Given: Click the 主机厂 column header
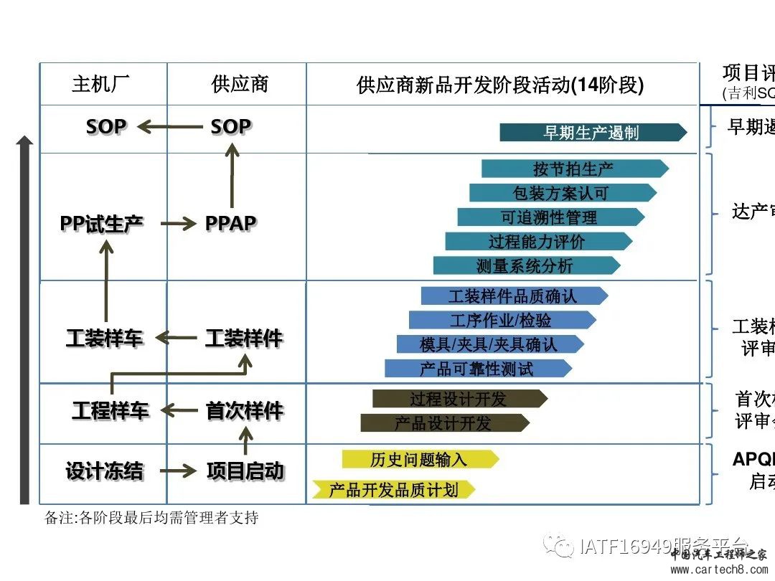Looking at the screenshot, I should pos(101,84).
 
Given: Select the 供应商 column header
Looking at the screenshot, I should pos(240,84).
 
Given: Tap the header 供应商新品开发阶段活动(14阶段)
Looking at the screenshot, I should pos(500,85).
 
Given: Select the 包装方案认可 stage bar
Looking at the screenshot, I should pos(562,193).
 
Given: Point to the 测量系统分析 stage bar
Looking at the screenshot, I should pos(526,266).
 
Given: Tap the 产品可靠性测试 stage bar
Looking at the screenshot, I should pos(477,369).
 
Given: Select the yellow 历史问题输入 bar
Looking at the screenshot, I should pos(419,459).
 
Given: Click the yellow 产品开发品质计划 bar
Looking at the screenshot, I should pos(394,490).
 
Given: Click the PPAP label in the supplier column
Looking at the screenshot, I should pos(230,223).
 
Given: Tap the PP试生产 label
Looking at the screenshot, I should pos(101,223).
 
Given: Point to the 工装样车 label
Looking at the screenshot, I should pos(104,338).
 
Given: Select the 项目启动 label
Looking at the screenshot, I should pos(245,471).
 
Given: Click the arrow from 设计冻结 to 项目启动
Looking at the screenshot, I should pos(177,471).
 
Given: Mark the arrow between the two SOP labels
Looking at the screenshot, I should pos(169,127).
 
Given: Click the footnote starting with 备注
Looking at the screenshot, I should pos(151,518).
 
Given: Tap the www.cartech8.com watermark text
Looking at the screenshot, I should pos(718,570).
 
